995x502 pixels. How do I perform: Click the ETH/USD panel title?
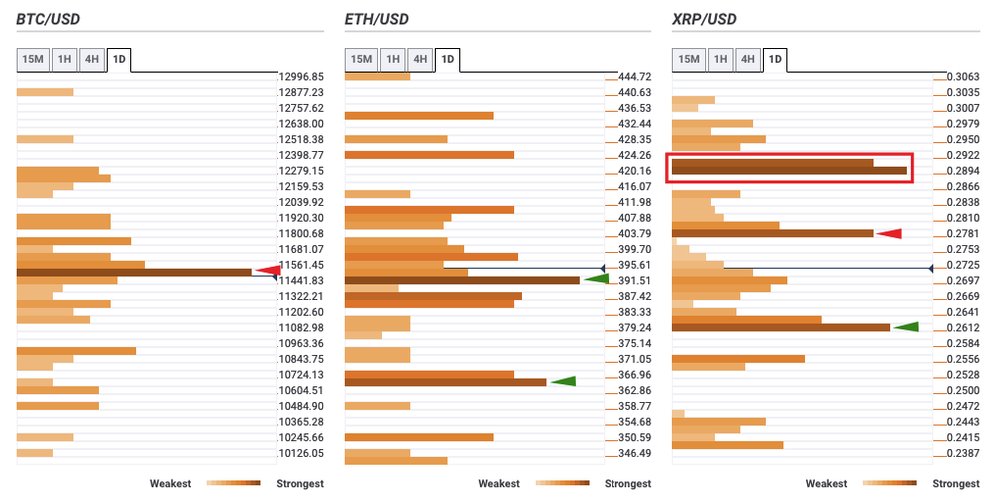[377, 20]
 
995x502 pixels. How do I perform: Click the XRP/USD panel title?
[704, 20]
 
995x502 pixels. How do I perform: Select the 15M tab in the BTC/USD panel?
[33, 60]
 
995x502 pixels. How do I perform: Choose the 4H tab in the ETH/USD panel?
[420, 60]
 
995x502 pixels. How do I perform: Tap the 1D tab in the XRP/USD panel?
[775, 60]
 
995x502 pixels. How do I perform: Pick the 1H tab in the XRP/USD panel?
[720, 60]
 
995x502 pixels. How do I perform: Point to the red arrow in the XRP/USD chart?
[888, 233]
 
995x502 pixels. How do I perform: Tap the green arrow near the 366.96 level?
[563, 380]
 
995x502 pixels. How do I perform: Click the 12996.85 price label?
[301, 76]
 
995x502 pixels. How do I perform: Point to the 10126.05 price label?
[301, 453]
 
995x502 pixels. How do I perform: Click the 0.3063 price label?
[964, 76]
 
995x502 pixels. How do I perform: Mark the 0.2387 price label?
[964, 453]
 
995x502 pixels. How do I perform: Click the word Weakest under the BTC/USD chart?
[170, 483]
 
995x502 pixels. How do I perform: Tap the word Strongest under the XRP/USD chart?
[955, 483]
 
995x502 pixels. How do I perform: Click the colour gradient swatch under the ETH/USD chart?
[562, 483]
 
